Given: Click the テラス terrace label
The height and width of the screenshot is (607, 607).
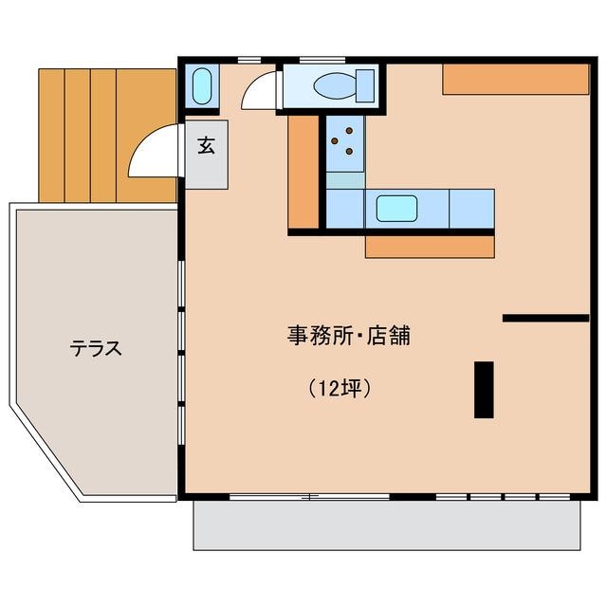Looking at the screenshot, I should click(96, 348).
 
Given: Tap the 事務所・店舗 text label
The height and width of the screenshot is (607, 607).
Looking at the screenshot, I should click(348, 336).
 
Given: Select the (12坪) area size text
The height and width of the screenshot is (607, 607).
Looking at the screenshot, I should click(339, 388).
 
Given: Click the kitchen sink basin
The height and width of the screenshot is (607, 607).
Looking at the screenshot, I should click(397, 208).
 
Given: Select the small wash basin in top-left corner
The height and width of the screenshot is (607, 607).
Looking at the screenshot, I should click(201, 87).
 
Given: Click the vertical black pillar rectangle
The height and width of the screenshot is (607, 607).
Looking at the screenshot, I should click(484, 389).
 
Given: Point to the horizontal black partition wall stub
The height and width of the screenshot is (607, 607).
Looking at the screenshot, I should click(545, 318).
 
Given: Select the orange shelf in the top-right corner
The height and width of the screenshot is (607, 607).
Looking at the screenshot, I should click(515, 79).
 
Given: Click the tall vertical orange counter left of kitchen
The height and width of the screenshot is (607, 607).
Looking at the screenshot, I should click(303, 172).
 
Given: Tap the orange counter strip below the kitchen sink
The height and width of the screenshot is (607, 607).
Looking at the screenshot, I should click(430, 247).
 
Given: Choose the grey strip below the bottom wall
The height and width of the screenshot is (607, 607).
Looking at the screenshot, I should click(386, 524).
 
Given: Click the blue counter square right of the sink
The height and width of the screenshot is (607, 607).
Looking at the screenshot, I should click(471, 208).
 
